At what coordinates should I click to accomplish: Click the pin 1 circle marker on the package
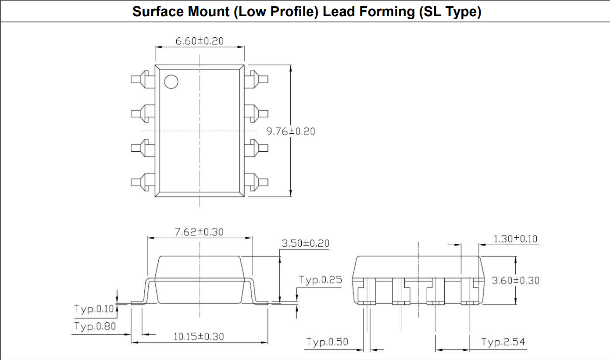pos(171,81)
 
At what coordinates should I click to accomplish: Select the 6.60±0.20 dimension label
pos(199,41)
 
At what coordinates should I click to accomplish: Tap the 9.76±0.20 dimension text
pos(291,131)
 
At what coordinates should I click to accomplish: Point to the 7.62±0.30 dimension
pos(199,232)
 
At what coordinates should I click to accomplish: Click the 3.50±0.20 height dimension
pos(305,243)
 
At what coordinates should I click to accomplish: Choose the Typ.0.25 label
pos(320,280)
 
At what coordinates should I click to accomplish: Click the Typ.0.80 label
pos(95,327)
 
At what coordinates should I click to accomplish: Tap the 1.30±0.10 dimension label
pos(515,239)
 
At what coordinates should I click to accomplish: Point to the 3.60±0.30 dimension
pos(515,281)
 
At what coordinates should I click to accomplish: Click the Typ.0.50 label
pos(327,342)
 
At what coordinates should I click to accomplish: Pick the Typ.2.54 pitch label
pos(503,342)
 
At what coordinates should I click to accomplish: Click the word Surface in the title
pos(159,12)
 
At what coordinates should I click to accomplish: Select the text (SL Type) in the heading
pos(450,12)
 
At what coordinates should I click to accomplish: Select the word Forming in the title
pos(386,12)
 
